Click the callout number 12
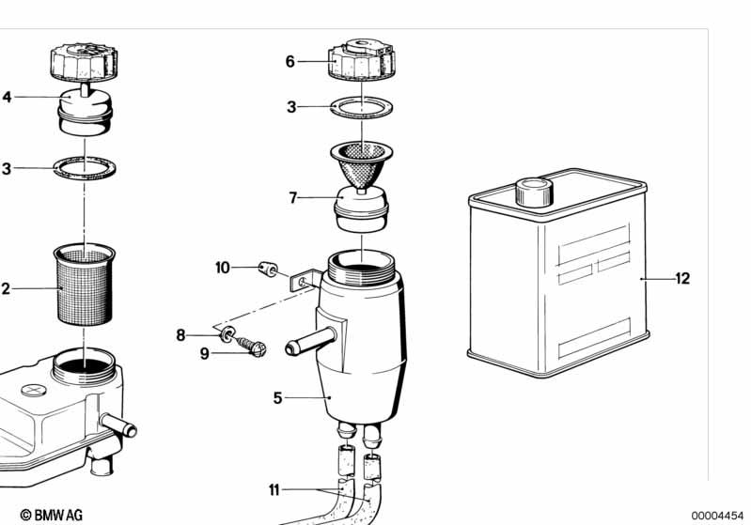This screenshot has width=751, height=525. pyautogui.click(x=682, y=279)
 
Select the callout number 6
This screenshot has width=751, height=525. pyautogui.click(x=290, y=62)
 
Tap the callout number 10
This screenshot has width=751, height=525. pyautogui.click(x=223, y=268)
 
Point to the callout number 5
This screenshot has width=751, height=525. pyautogui.click(x=278, y=397)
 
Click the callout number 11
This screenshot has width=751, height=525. pyautogui.click(x=274, y=490)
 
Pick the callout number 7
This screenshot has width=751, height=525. pyautogui.click(x=293, y=197)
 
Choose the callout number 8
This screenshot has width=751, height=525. pyautogui.click(x=180, y=335)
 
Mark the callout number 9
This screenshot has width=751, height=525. pyautogui.click(x=205, y=354)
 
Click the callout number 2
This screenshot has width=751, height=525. pyautogui.click(x=6, y=289)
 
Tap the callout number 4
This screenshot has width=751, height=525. pyautogui.click(x=7, y=97)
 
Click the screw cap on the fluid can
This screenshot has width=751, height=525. pyautogui.click(x=534, y=192)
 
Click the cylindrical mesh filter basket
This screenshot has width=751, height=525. pyautogui.click(x=85, y=285)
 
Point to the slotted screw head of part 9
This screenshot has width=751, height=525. pyautogui.click(x=258, y=349)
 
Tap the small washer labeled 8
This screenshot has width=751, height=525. pyautogui.click(x=228, y=333)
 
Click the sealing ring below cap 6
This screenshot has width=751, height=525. pyautogui.click(x=362, y=108)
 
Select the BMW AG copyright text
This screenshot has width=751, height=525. pyautogui.click(x=52, y=515)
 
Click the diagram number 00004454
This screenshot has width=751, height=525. pyautogui.click(x=717, y=516)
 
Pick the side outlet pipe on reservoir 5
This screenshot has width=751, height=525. pyautogui.click(x=310, y=341)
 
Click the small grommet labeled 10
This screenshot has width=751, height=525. pyautogui.click(x=268, y=270)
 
